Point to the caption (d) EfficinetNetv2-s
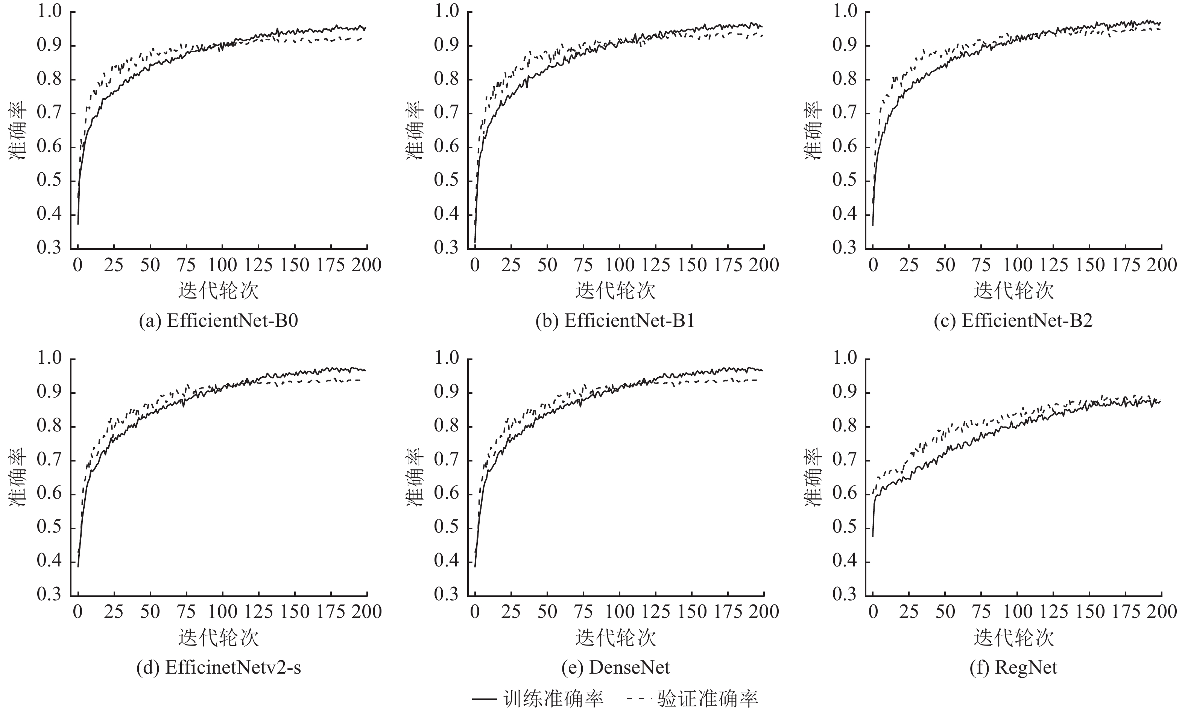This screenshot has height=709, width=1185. [218, 667]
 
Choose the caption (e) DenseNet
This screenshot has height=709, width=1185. [615, 667]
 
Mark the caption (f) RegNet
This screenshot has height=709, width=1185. [1013, 667]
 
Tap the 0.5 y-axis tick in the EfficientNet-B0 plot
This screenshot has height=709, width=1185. [50, 181]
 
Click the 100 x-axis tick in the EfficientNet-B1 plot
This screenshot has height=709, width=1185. [619, 265]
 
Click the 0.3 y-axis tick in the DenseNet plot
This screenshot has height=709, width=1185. [446, 595]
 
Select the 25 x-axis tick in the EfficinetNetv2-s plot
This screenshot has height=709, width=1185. [114, 612]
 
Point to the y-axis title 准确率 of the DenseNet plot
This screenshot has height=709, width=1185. [415, 477]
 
